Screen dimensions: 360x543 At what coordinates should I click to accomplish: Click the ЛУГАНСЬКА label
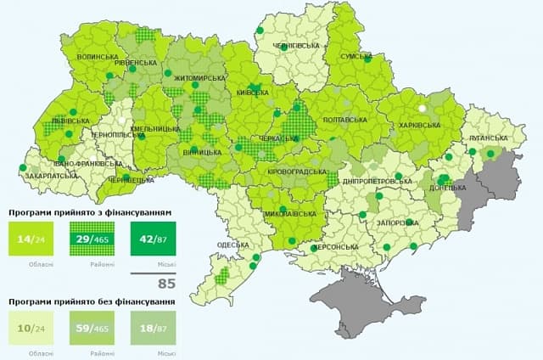click(486, 136)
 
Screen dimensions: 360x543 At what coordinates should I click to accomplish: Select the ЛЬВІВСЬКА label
click(70, 121)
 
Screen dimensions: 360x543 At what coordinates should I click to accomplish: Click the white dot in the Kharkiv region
click(422, 108)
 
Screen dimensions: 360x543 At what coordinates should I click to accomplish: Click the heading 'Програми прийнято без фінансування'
click(92, 301)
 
